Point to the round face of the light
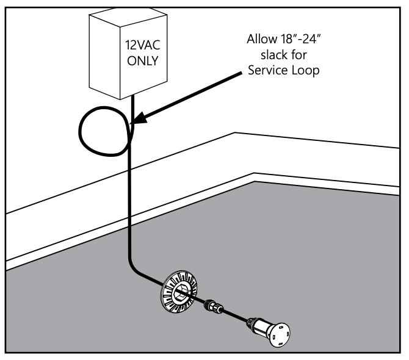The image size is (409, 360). point(283,332)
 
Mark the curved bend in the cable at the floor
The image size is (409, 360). point(135,269)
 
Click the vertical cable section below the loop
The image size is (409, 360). point(128,201)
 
